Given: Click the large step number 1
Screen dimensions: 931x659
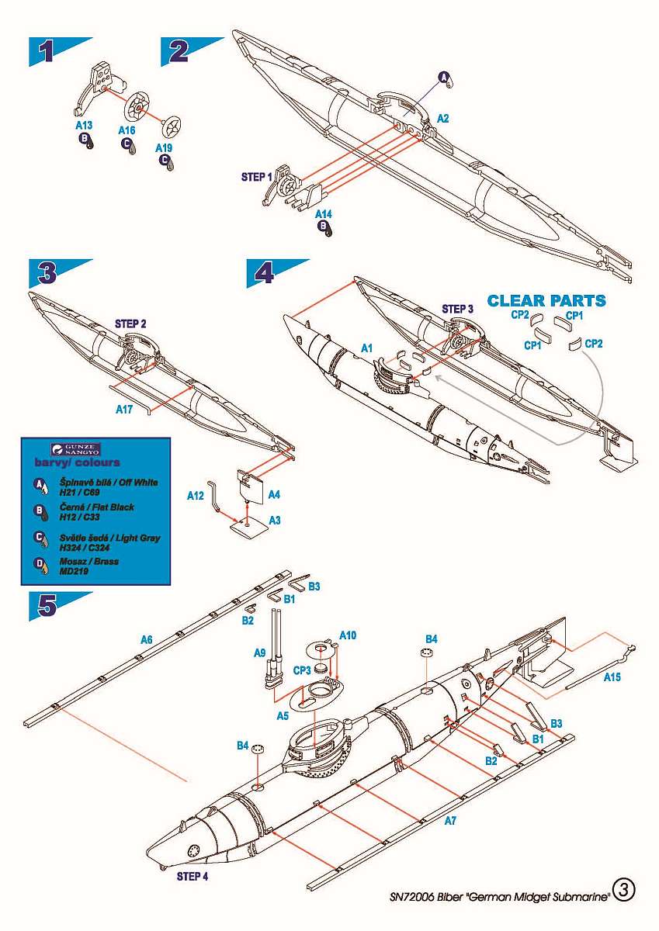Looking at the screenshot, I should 47,51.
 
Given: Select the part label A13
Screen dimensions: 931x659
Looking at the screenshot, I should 84,124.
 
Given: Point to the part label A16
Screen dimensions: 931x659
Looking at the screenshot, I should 127,131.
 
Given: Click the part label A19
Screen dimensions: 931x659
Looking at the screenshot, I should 164,147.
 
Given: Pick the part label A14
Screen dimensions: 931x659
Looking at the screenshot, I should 324,213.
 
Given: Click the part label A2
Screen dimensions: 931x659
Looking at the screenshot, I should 443,119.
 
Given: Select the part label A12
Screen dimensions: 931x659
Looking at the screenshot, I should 196,494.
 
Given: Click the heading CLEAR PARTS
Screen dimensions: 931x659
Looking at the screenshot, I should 546,300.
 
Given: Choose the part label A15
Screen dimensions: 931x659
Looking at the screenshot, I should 612,677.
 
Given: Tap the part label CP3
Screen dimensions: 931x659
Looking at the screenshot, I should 300,670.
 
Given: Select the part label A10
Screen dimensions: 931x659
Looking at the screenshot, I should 348,635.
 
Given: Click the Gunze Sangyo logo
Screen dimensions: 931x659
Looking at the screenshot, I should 75,448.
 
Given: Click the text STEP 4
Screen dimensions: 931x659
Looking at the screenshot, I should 192,877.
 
